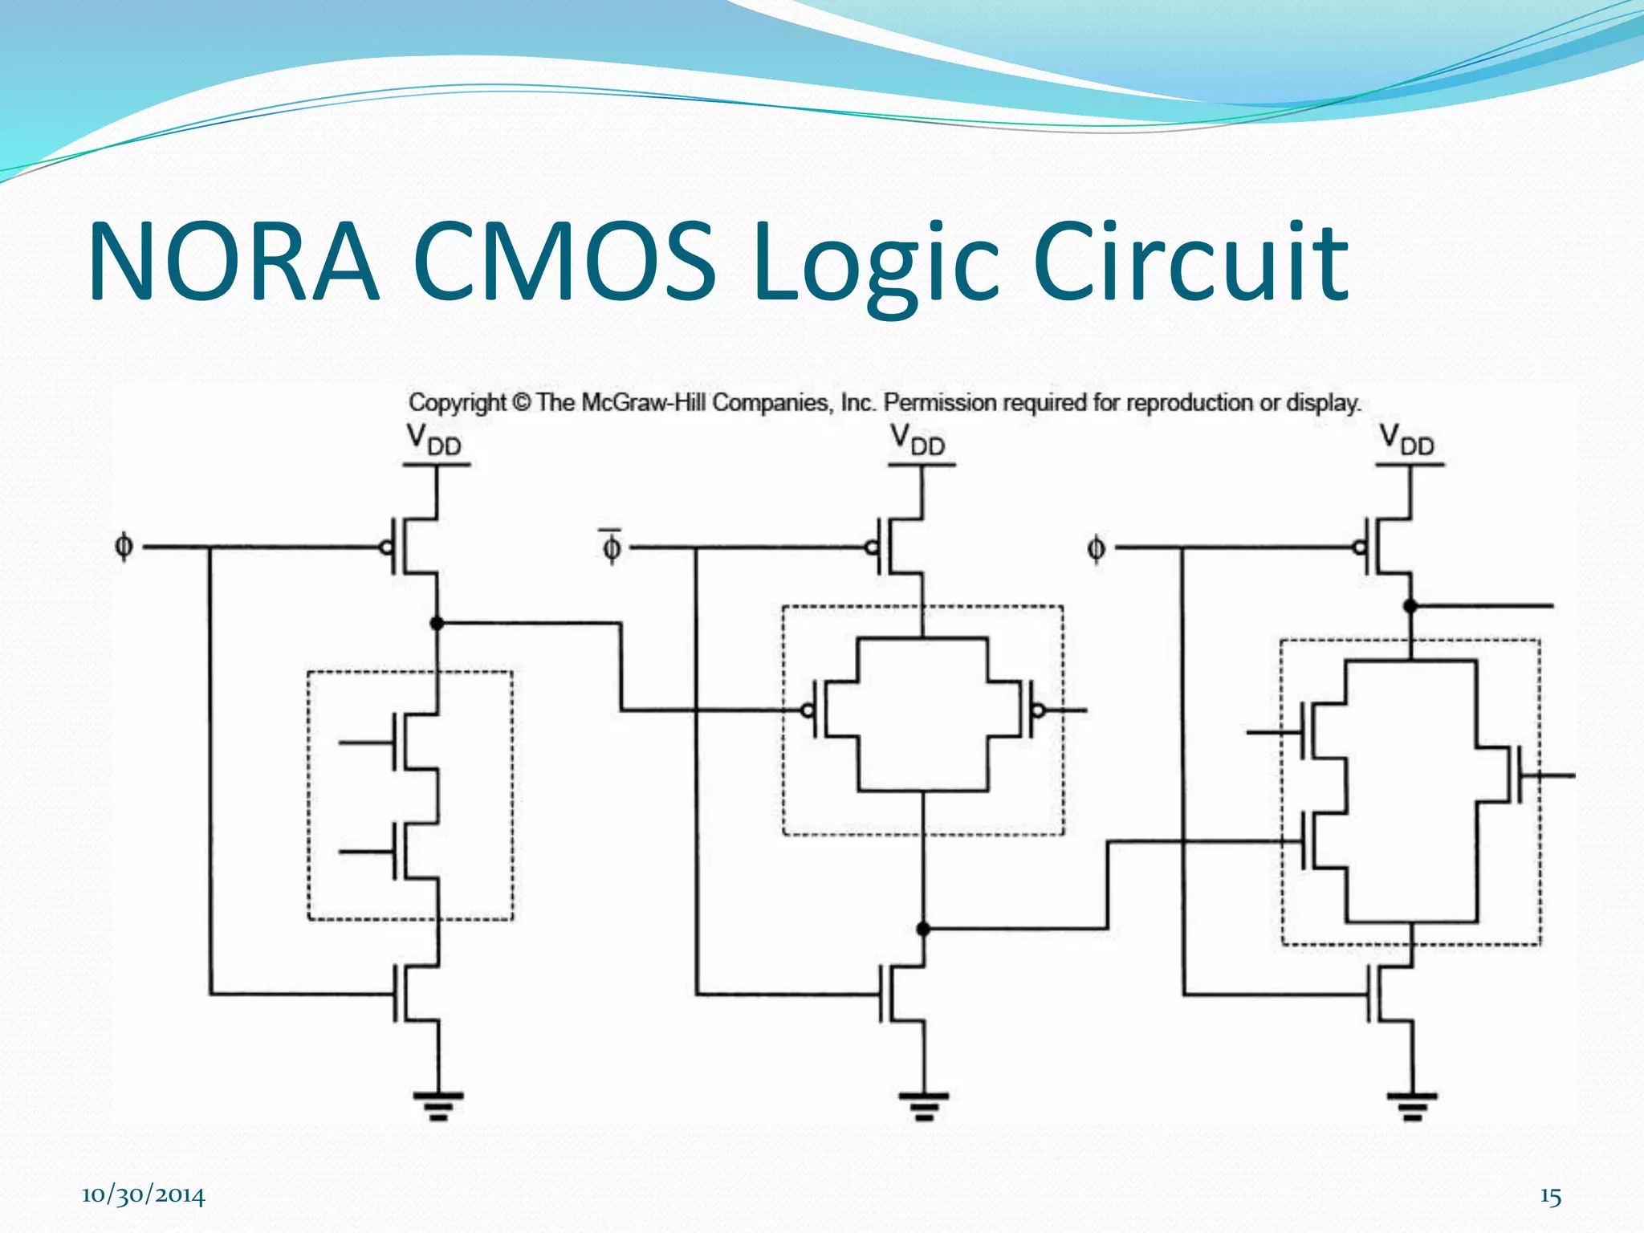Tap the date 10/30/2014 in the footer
click(143, 1195)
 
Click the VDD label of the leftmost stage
click(433, 440)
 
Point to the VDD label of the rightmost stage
click(1406, 440)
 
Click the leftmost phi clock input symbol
click(124, 547)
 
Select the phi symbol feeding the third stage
click(1095, 548)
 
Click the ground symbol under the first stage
click(438, 1105)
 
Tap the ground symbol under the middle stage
click(923, 1105)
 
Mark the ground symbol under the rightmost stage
click(1411, 1105)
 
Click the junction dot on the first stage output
click(437, 623)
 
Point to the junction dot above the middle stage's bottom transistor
click(923, 929)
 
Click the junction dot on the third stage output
click(1410, 606)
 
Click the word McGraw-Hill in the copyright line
click(645, 402)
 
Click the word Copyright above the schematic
click(458, 402)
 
